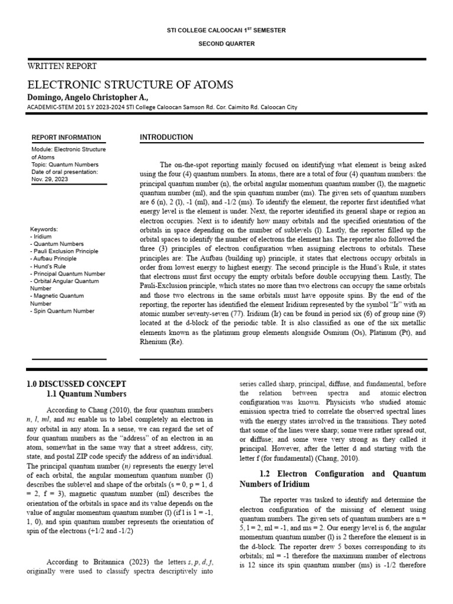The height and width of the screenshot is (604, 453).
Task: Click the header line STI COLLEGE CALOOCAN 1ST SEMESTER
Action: tap(226, 29)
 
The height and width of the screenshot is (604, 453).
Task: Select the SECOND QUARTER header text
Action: tap(226, 44)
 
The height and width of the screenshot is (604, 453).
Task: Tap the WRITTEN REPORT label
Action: tap(63, 66)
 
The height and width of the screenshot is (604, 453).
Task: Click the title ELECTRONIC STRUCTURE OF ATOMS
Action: tap(130, 84)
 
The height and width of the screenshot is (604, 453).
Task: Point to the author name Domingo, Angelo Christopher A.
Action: tap(88, 96)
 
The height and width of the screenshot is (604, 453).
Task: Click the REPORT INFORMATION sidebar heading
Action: tap(66, 137)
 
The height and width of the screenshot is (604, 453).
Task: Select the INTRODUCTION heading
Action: tap(166, 137)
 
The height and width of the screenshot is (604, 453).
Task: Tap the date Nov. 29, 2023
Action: tap(50, 179)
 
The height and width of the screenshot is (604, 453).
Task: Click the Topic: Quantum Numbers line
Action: tap(65, 165)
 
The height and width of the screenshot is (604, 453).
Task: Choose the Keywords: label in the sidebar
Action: tap(45, 228)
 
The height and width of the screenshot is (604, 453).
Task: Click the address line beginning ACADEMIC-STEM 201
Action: tap(162, 107)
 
